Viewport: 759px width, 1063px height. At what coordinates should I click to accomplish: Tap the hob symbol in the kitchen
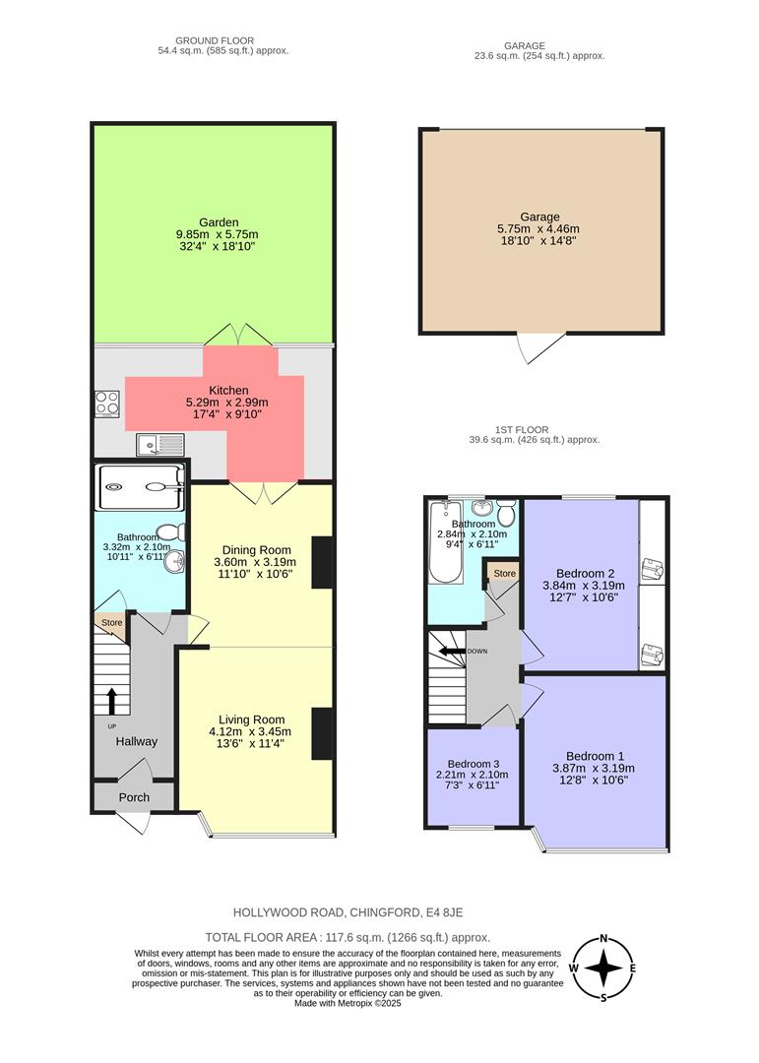point(107,404)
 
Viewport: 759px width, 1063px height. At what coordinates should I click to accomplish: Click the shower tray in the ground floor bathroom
point(142,483)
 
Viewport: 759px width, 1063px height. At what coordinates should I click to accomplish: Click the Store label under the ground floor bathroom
point(110,622)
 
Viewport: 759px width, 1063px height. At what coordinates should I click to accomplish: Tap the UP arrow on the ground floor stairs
point(111,700)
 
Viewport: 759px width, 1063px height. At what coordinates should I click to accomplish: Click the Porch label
point(134,797)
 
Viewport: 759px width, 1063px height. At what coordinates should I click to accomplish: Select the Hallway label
point(136,741)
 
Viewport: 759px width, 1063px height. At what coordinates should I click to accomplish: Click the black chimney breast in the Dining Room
point(322,563)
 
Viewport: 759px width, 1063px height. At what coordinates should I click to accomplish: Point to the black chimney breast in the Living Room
point(322,733)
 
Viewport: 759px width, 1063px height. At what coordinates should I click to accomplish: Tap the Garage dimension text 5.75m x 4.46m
point(539,230)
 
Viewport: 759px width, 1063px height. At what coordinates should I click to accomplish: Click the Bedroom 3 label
point(474,764)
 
